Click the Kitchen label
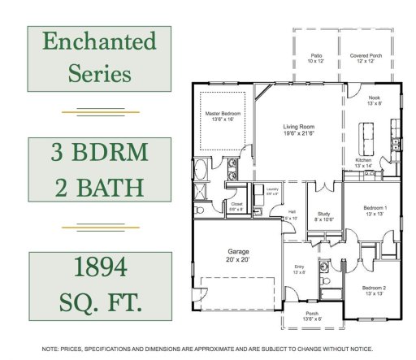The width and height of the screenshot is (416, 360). click(364, 160)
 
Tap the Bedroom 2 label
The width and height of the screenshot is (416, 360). click(374, 288)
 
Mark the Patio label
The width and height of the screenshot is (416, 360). click(315, 57)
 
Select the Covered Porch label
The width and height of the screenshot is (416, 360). click(362, 57)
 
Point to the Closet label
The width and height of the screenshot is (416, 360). click(236, 204)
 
